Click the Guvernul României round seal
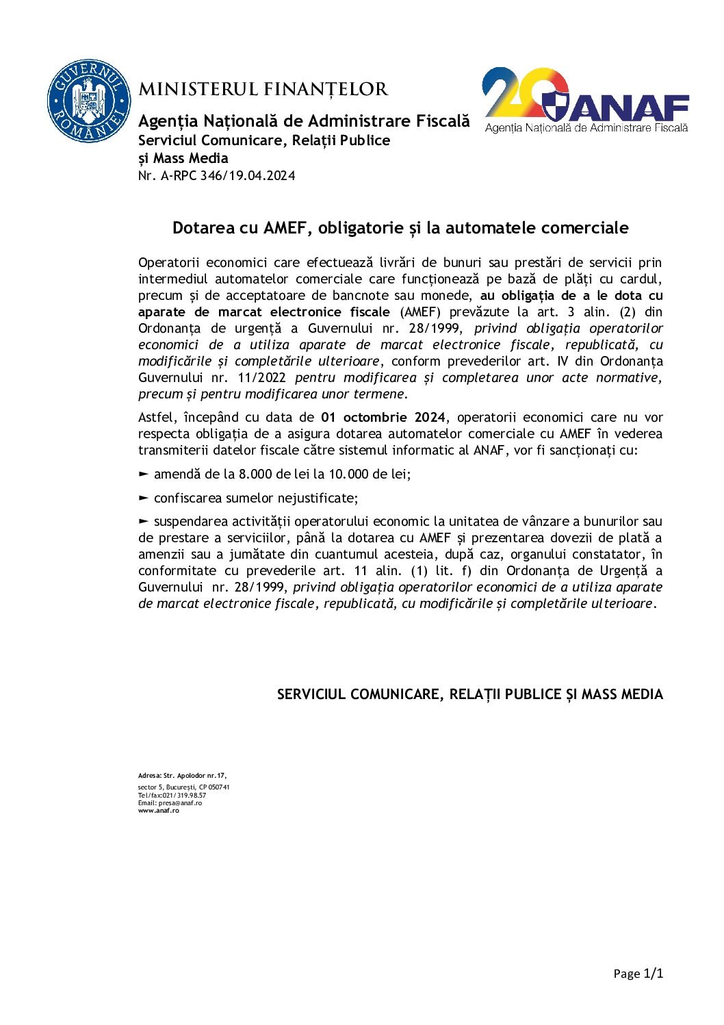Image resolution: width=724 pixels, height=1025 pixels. (88, 101)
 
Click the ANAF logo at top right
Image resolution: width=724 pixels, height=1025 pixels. (586, 100)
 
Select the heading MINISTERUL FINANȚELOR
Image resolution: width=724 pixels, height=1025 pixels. (263, 90)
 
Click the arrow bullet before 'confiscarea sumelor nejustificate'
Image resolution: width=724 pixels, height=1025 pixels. (143, 498)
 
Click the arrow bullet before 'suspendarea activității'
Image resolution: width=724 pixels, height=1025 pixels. (143, 521)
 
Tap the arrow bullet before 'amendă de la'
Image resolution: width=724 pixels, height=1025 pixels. (143, 474)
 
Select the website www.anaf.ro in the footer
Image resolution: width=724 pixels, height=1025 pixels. (158, 811)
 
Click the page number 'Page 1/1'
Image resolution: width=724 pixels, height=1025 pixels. (638, 974)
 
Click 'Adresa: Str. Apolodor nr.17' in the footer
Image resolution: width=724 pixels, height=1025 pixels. (182, 776)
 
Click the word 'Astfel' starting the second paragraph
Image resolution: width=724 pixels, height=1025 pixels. (155, 418)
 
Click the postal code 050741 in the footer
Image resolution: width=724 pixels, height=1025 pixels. (219, 787)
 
